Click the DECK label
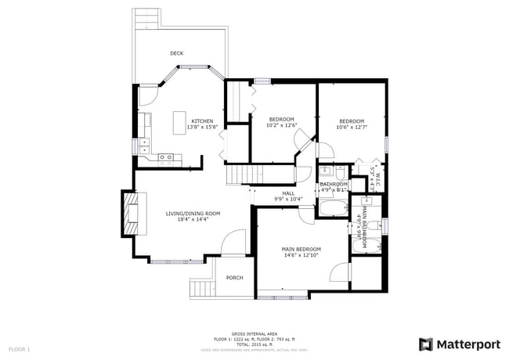pyautogui.click(x=177, y=53)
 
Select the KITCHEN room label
pyautogui.click(x=203, y=121)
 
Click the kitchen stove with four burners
pyautogui.click(x=166, y=157)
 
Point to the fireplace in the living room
pyautogui.click(x=128, y=212)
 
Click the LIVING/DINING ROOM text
pyautogui.click(x=193, y=214)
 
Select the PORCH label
pyautogui.click(x=234, y=278)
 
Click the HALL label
pyautogui.click(x=288, y=193)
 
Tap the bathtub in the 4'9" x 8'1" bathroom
pyautogui.click(x=332, y=209)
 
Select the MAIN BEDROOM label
pyautogui.click(x=301, y=250)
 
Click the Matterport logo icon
pyautogui.click(x=426, y=344)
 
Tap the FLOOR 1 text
pyautogui.click(x=20, y=348)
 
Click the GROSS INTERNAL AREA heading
pyautogui.click(x=254, y=333)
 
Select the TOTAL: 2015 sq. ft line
pyautogui.click(x=254, y=344)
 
